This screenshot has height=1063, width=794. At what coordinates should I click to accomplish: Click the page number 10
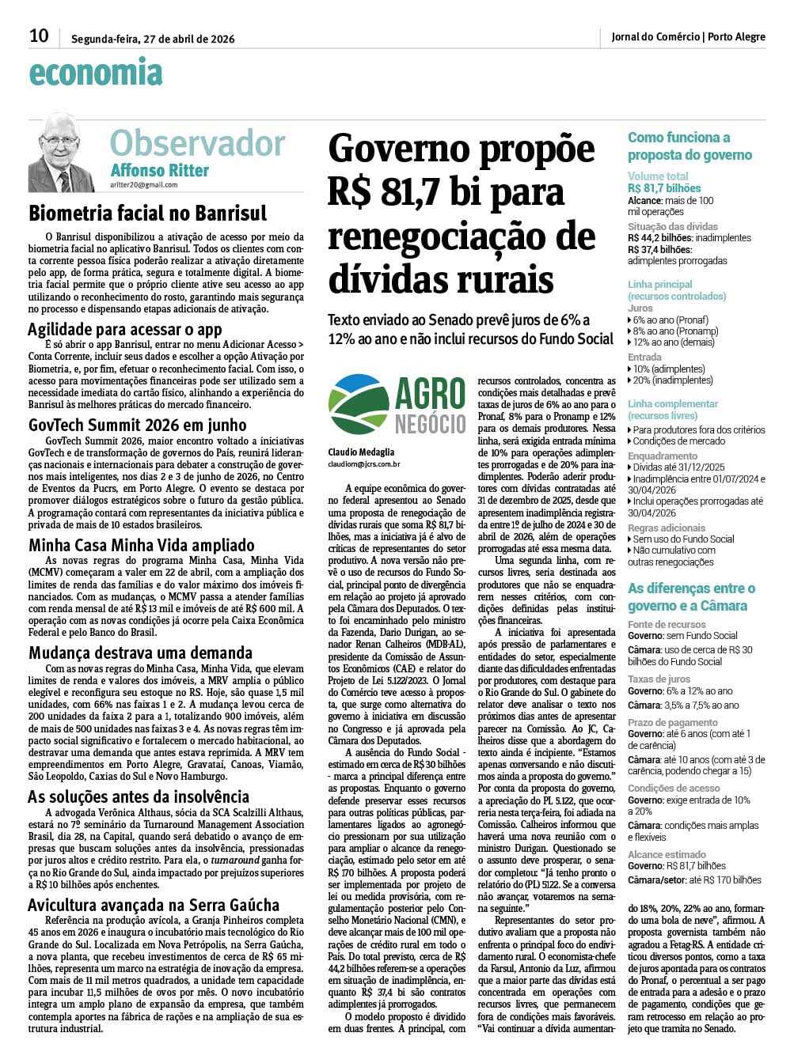(39, 36)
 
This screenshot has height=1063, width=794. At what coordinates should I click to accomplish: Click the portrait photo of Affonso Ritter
(62, 153)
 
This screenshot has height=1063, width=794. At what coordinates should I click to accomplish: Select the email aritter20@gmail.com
(144, 185)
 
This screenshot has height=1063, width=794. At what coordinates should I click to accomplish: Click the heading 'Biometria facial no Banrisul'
(148, 214)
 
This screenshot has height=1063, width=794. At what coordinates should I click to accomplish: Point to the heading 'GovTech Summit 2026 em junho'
(138, 425)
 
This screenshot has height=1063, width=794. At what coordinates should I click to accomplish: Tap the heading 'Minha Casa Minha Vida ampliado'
(142, 545)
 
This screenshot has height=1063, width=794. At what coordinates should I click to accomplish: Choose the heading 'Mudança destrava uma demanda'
(141, 653)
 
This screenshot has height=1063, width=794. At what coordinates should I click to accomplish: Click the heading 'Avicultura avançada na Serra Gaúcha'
(154, 905)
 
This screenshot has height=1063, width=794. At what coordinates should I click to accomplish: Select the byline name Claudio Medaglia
(361, 452)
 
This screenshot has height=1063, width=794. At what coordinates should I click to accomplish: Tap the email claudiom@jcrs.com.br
(364, 464)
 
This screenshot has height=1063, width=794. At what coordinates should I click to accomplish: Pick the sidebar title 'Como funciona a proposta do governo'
(690, 146)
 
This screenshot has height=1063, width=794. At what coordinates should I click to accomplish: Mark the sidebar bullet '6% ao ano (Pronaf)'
(671, 320)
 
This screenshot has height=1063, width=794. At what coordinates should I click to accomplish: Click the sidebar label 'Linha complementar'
(673, 403)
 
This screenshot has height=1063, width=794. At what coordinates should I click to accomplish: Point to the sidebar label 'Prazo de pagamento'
(673, 722)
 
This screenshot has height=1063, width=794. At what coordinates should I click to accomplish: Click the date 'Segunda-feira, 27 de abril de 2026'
(153, 38)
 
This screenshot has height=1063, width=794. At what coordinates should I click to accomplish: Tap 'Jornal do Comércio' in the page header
(655, 36)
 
